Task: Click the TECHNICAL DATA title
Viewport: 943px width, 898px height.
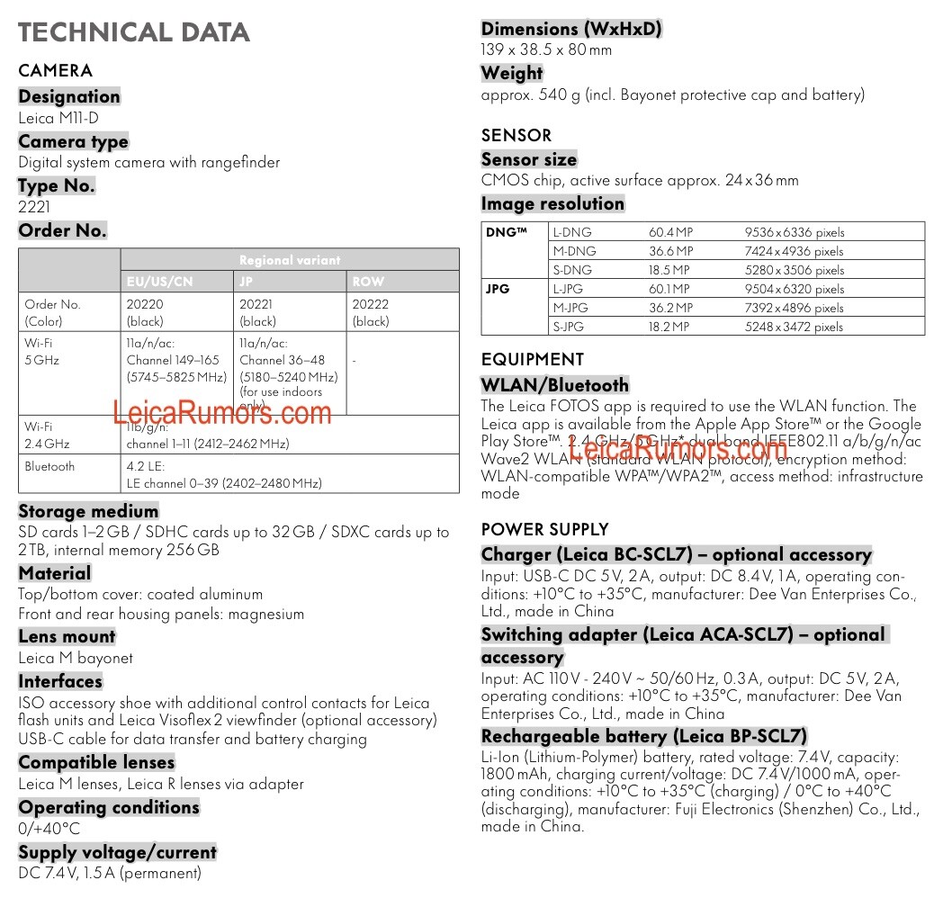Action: coord(134,33)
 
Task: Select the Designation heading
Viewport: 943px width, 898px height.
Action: coord(69,96)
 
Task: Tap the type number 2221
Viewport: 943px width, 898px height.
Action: coord(35,207)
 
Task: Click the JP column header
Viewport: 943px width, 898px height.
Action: coord(246,282)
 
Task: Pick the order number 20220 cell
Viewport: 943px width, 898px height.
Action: coord(146,305)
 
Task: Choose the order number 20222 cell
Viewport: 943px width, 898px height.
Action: coord(371,305)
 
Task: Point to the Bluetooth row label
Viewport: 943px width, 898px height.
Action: coord(49,467)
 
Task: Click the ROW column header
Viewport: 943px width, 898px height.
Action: coord(368,282)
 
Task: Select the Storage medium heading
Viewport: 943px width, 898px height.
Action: coord(88,511)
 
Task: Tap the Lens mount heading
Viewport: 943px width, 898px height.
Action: coord(67,636)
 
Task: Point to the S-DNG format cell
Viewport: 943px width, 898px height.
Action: coord(572,270)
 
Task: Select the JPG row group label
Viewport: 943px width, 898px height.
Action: coord(498,290)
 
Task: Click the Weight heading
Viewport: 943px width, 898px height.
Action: coord(512,73)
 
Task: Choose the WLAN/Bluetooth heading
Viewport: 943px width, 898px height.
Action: coord(555,385)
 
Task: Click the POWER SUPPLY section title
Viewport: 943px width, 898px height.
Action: coord(544,529)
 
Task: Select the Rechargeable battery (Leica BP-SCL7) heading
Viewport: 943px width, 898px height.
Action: coord(644,736)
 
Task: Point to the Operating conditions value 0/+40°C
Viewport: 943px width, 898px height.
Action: coord(49,829)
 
